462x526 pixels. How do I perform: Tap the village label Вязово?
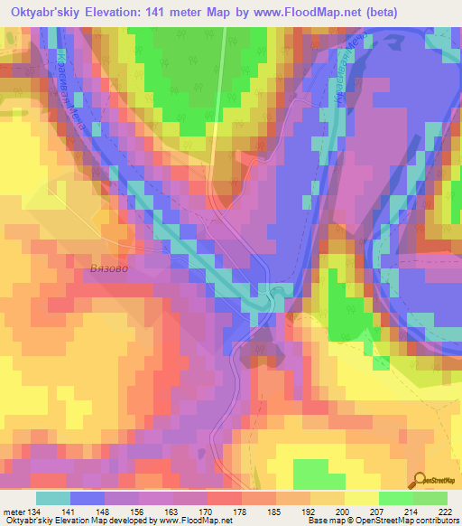pyautogui.click(x=112, y=268)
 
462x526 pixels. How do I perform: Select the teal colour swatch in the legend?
pyautogui.click(x=53, y=498)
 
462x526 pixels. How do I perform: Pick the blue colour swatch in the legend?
pyautogui.click(x=88, y=498)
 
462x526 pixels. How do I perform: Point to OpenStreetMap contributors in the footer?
pyautogui.click(x=416, y=521)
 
